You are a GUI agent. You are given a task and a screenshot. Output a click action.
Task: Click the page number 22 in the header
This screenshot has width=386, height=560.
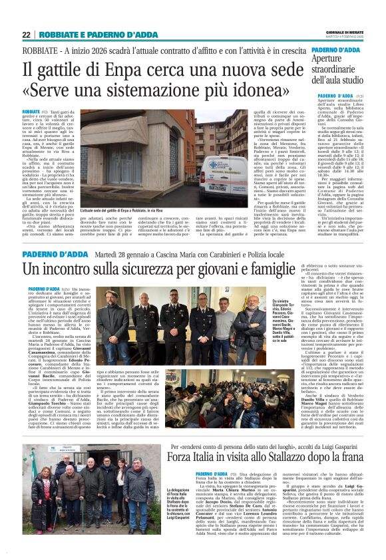coord(26,35)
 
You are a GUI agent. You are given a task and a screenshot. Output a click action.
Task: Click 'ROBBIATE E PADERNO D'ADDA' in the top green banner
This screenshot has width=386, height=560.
coord(98,35)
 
